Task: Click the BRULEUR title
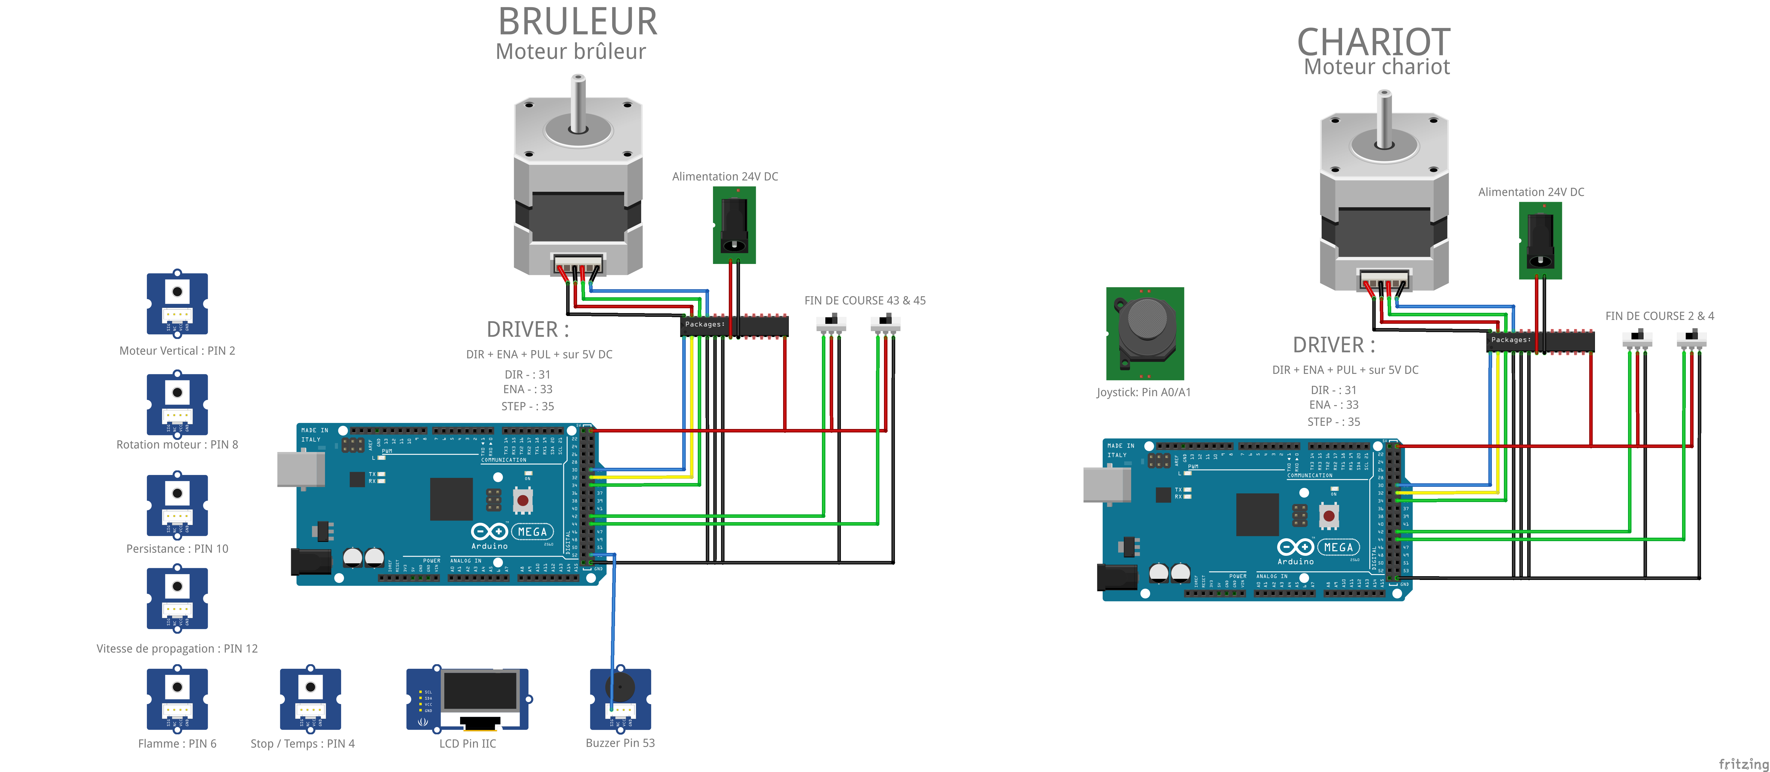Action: pyautogui.click(x=577, y=22)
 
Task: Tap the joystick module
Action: pyautogui.click(x=1145, y=334)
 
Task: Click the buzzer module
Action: pyautogui.click(x=620, y=698)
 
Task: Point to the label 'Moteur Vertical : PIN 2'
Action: pyautogui.click(x=177, y=350)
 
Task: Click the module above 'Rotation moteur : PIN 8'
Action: pyautogui.click(x=177, y=403)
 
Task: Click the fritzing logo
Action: pyautogui.click(x=1743, y=764)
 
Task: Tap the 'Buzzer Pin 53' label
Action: pyautogui.click(x=620, y=743)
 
